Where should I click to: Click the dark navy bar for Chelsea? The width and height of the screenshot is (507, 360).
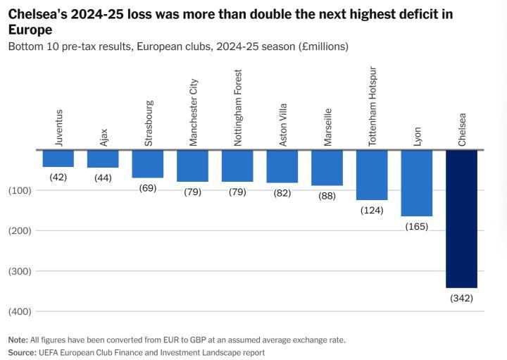(x=461, y=218)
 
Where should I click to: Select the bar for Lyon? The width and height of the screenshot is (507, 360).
(x=416, y=183)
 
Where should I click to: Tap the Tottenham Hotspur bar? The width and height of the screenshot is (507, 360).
(x=372, y=175)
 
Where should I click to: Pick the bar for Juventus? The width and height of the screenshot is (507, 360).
(x=58, y=159)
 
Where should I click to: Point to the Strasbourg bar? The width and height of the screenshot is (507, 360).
(x=147, y=164)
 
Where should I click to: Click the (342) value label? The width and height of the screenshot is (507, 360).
(x=461, y=298)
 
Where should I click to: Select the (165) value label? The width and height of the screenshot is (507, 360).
(x=416, y=226)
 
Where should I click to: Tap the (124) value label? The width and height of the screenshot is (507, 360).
(x=372, y=210)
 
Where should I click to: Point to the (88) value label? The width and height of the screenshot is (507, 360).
(x=327, y=196)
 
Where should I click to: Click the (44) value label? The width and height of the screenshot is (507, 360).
(x=103, y=178)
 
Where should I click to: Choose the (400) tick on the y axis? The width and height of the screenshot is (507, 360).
(x=20, y=311)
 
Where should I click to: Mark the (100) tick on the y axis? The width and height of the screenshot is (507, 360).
(x=20, y=190)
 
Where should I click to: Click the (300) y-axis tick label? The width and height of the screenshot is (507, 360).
(x=20, y=271)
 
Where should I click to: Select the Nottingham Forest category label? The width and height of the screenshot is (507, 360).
(x=238, y=107)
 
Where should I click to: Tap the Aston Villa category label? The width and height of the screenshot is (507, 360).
(x=283, y=126)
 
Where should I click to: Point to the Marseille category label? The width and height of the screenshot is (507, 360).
(x=327, y=128)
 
